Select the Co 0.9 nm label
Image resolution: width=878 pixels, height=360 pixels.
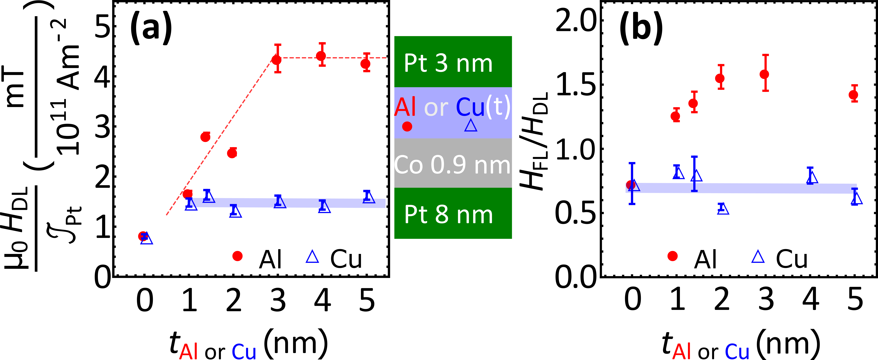452,165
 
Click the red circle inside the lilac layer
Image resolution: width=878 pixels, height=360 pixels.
407,127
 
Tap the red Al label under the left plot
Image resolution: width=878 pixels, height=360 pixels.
188,351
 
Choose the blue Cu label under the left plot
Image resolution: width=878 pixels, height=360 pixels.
244,351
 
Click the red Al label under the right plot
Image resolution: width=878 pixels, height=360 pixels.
681,351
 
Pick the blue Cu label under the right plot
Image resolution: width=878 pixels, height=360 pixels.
737,351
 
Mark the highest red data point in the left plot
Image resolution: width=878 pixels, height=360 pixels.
321,56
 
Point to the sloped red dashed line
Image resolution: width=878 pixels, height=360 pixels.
222,136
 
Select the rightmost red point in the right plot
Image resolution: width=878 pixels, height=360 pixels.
853,95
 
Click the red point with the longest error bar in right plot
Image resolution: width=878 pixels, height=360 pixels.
764,74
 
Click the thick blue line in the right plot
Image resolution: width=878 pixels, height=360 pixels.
750,188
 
